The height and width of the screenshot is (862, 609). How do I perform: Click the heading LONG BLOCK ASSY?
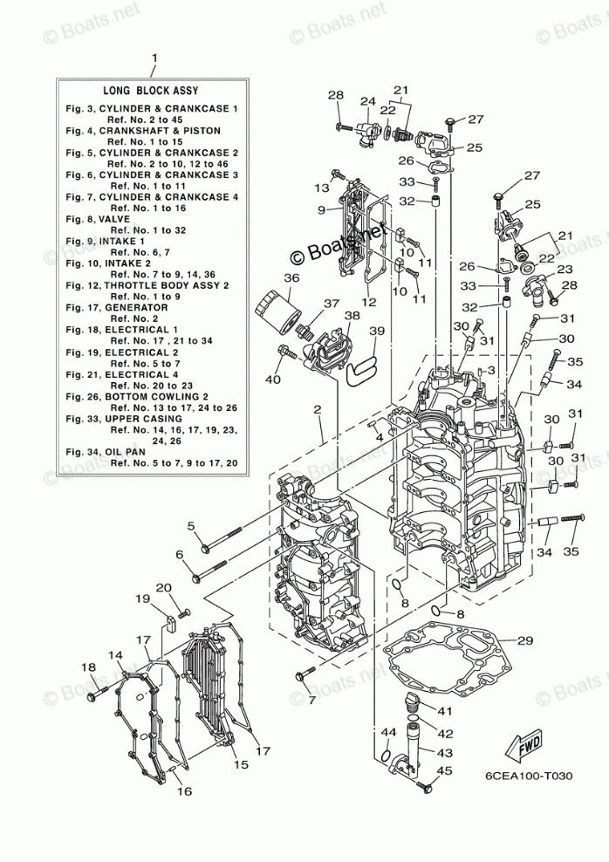point(151,90)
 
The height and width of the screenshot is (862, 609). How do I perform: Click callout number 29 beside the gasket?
point(524,641)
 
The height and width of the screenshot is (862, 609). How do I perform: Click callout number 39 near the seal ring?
point(376,331)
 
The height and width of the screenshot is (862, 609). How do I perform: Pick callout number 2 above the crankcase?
point(318,409)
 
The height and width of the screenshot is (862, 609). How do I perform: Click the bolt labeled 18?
point(92,695)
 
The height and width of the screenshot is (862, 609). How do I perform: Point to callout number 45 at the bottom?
point(445,770)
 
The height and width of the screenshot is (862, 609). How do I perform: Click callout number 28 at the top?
point(337,95)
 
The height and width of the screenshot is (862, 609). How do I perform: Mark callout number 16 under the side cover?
point(183,791)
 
